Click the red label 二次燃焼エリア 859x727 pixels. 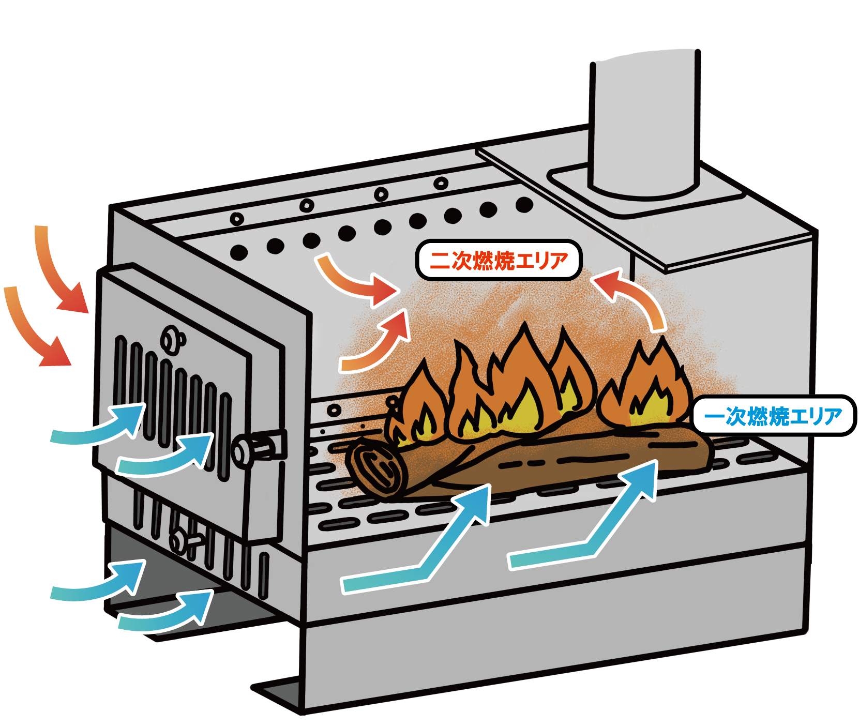click(499, 260)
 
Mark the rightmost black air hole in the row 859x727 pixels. click(524, 205)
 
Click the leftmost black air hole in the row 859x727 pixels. click(239, 252)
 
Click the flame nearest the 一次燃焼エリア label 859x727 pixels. click(646, 385)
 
